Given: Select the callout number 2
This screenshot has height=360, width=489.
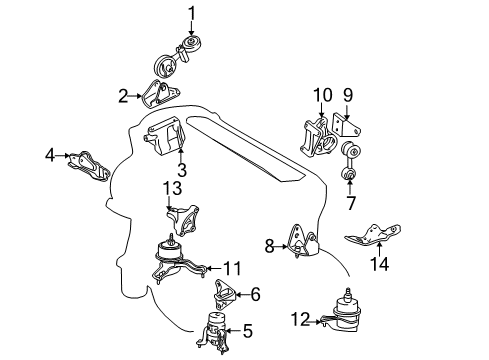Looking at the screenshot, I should [x=123, y=96].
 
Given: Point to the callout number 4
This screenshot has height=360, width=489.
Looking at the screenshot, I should [x=49, y=155].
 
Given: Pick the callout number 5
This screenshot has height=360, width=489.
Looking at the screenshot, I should [x=249, y=330].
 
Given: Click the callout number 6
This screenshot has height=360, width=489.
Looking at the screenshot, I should [x=255, y=294].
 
